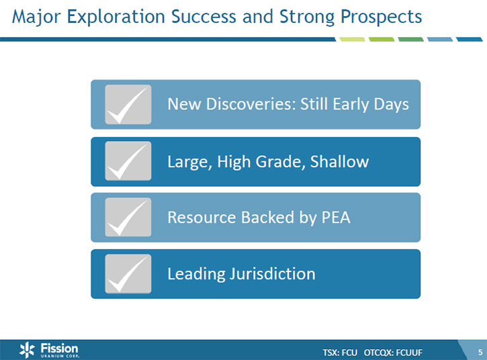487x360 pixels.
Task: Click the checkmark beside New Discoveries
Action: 128,104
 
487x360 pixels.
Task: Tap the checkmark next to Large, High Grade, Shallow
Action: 128,161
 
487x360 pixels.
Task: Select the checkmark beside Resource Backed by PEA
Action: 128,217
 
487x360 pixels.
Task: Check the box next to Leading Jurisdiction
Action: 128,273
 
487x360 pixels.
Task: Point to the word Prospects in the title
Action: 382,17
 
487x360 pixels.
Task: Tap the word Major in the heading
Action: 36,17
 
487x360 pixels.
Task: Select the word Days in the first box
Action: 392,104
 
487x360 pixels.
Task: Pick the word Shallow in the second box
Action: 339,161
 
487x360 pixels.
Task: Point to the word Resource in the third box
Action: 202,218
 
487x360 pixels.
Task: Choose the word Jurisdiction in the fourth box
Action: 273,274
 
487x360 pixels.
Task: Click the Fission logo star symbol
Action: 27,349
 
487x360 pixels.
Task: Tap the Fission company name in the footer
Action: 59,348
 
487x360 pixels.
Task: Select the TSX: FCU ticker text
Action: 340,353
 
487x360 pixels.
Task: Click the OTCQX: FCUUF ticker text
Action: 393,353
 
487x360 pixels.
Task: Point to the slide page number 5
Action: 480,352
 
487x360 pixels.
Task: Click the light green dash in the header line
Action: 352,40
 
